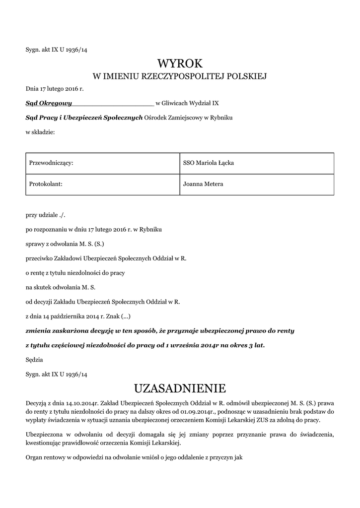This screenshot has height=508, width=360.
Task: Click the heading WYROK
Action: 180,63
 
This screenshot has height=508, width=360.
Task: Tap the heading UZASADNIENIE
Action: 180,387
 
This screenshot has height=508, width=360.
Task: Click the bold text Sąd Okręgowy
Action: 49,104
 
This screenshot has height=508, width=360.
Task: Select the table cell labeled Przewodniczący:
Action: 102,163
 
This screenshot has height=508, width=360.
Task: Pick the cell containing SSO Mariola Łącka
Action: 257,163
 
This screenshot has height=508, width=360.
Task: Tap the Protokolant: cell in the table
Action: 102,185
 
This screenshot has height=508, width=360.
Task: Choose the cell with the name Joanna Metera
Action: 257,185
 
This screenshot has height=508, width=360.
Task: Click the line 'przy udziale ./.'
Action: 46,216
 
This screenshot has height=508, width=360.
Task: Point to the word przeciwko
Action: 39,258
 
